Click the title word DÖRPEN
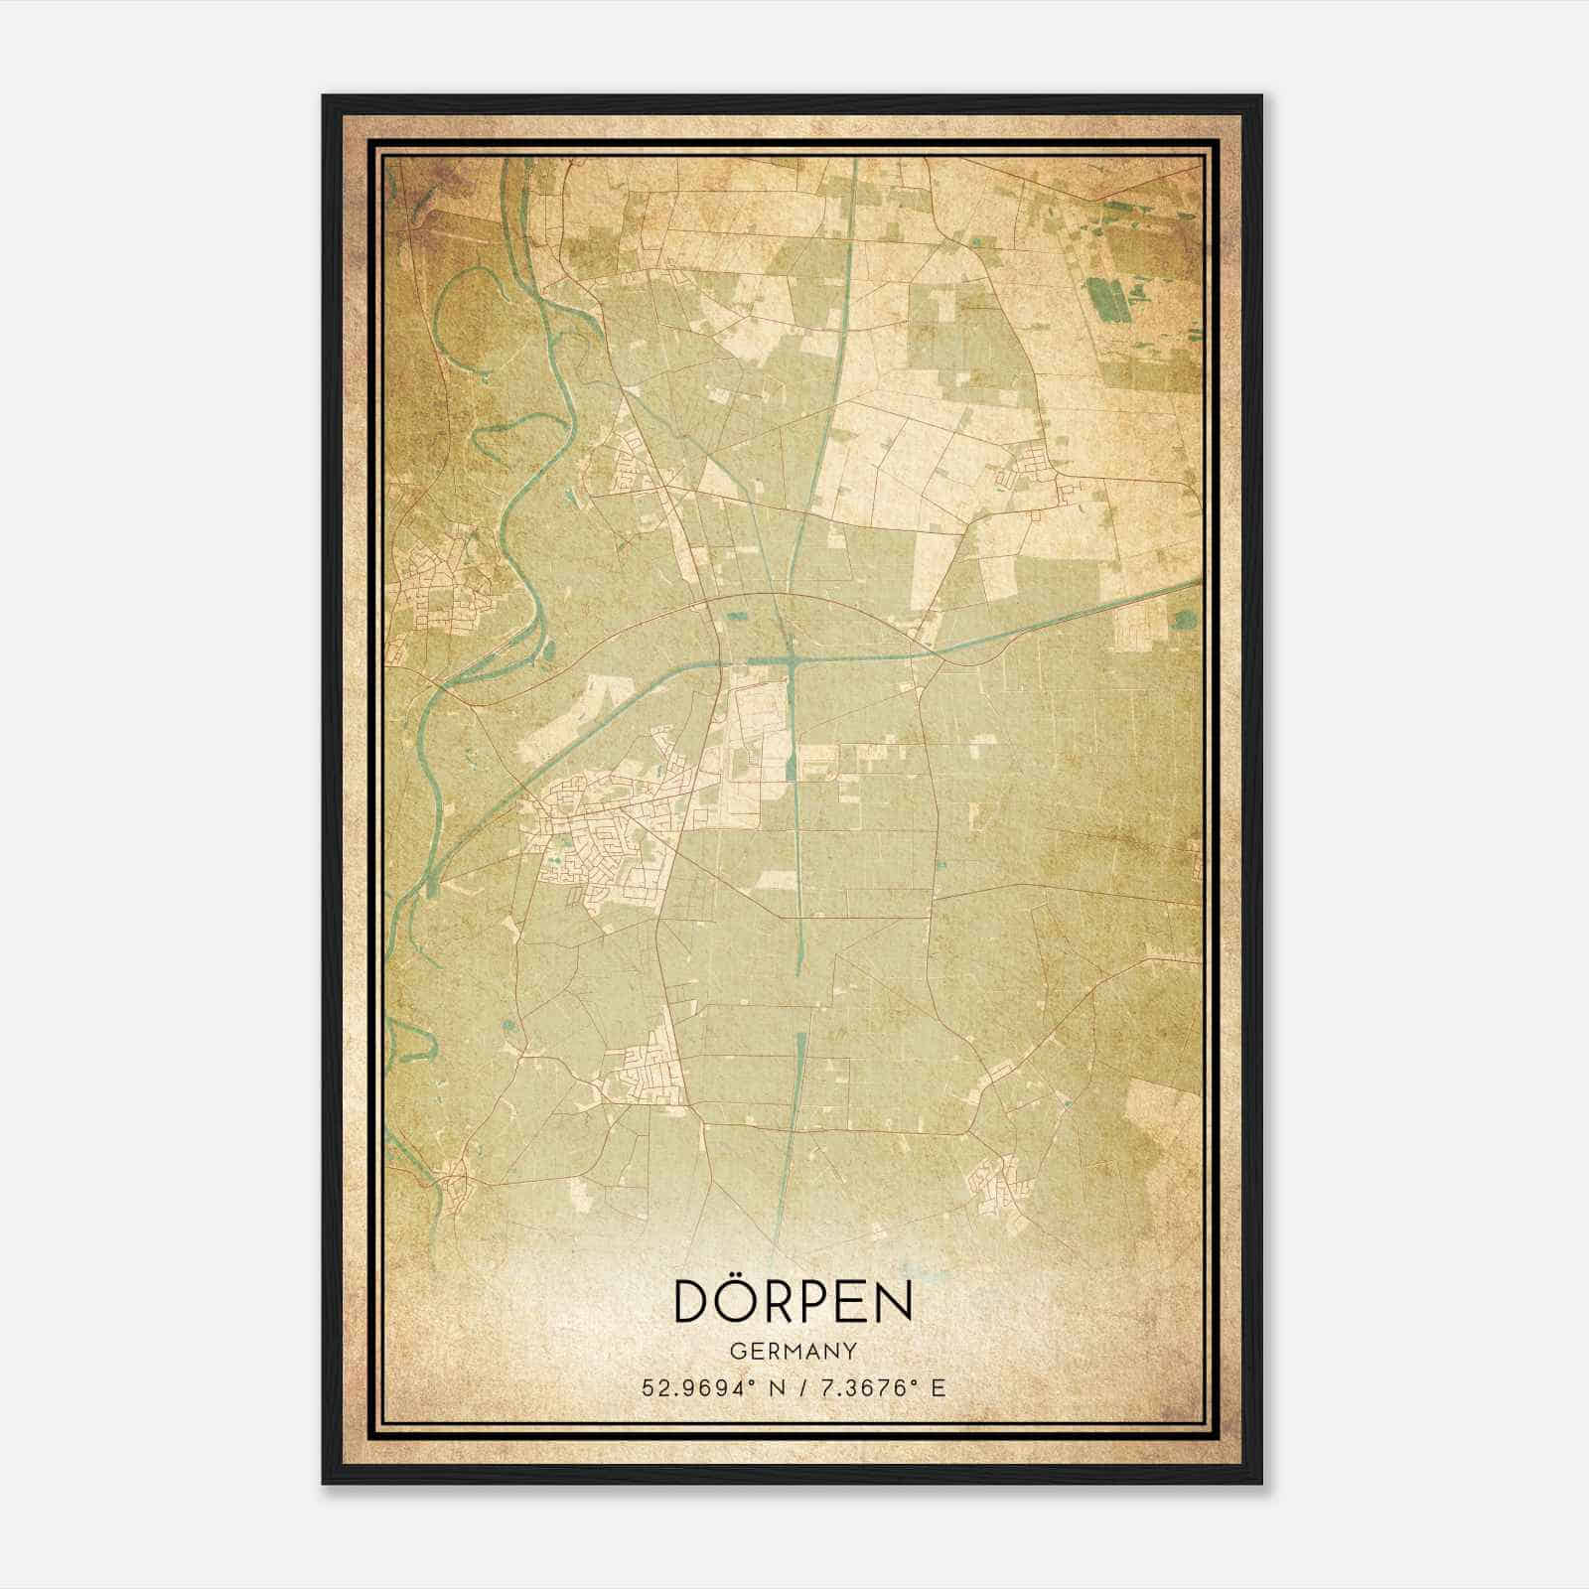click(x=793, y=1300)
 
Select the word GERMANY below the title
click(x=793, y=1351)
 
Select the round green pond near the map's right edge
click(x=1184, y=620)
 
